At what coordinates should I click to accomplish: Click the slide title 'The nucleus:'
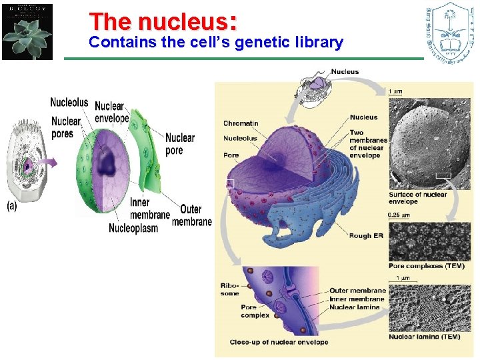point(162,21)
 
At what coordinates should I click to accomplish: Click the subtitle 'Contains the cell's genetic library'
point(215,43)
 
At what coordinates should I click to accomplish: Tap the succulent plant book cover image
point(27,31)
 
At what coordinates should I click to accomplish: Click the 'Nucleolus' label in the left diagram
point(69,103)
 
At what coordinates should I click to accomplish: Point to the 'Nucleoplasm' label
point(133,228)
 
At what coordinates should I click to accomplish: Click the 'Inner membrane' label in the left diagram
point(150,209)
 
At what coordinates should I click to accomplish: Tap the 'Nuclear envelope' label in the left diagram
point(111,113)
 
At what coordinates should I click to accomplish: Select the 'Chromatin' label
point(240,123)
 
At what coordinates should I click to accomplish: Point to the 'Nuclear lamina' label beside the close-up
point(355,307)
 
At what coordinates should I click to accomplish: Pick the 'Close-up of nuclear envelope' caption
point(279,342)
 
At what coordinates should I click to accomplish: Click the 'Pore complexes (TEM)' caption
point(426,266)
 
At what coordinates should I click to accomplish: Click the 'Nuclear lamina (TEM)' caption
point(424,337)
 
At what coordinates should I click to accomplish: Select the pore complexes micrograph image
point(429,241)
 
